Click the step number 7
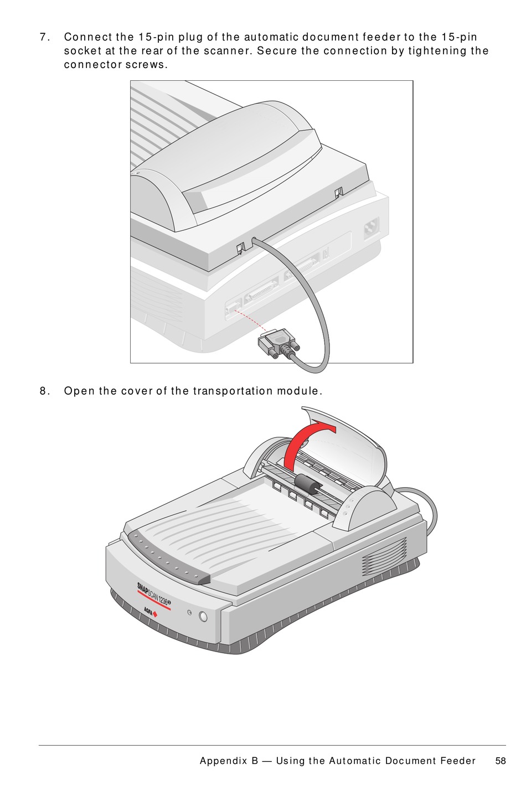click(x=44, y=37)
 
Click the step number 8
click(x=44, y=391)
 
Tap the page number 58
click(x=501, y=761)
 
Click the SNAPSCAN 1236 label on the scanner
click(x=154, y=593)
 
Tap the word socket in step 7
click(x=82, y=51)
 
